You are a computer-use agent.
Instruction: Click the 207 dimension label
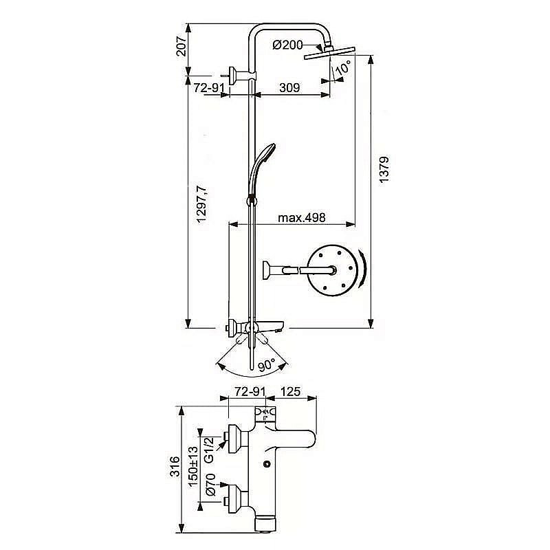point(181,46)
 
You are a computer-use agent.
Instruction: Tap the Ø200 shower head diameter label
point(287,45)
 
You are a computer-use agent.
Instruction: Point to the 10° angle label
point(343,67)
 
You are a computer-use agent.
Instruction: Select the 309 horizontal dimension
point(289,87)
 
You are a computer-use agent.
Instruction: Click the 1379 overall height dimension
point(384,169)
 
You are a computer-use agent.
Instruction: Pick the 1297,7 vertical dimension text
point(201,205)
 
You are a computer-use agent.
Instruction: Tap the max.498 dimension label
point(302,218)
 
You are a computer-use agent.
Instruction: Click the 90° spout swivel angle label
point(267,366)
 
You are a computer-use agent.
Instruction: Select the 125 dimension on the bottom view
point(290,391)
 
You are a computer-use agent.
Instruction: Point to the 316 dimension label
point(175,467)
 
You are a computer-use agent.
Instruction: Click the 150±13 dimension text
point(193,467)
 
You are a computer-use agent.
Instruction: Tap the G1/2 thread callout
point(209,450)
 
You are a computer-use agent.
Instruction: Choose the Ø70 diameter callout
point(210,485)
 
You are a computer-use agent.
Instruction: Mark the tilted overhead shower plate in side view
point(330,52)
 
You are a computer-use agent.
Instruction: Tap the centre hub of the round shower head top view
point(332,270)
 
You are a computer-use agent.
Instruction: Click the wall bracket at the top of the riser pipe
point(239,76)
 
